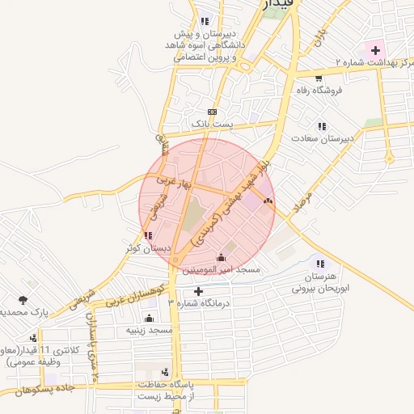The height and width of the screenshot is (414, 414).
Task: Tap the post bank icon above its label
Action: click(212, 112)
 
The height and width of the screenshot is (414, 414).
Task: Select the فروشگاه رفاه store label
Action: click(319, 90)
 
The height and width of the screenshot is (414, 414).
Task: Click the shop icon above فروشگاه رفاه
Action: click(319, 78)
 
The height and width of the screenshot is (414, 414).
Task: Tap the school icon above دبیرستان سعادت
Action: click(323, 126)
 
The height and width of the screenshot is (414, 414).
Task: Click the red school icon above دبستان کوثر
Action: click(147, 235)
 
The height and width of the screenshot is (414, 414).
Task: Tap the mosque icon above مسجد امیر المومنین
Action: click(222, 256)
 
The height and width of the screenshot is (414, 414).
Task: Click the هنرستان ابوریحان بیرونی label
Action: click(322, 281)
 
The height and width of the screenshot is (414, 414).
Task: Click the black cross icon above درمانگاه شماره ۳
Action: click(198, 290)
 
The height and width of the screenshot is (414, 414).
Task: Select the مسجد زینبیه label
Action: click(150, 330)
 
